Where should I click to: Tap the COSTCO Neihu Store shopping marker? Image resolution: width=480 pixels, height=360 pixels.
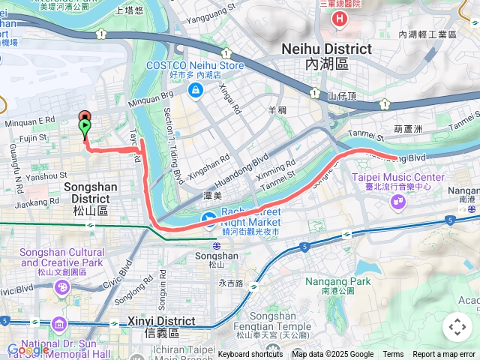(196, 90)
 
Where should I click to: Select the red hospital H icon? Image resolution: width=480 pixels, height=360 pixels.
(341, 18)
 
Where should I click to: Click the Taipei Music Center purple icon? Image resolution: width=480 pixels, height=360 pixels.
(397, 201)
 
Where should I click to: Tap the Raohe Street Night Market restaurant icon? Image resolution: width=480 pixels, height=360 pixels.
(210, 220)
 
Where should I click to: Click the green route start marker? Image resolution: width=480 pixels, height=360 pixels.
(85, 127)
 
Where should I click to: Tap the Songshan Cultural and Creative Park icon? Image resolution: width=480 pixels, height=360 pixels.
(63, 287)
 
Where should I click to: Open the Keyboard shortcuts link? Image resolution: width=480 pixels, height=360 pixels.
(250, 354)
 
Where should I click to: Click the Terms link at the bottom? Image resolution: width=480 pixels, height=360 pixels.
(393, 354)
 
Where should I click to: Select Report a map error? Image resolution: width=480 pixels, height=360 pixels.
(444, 354)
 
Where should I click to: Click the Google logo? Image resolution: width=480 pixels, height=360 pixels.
(28, 349)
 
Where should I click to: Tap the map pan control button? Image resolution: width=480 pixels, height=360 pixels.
(457, 327)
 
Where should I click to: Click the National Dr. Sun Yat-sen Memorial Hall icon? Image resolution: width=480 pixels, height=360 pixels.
(59, 324)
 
